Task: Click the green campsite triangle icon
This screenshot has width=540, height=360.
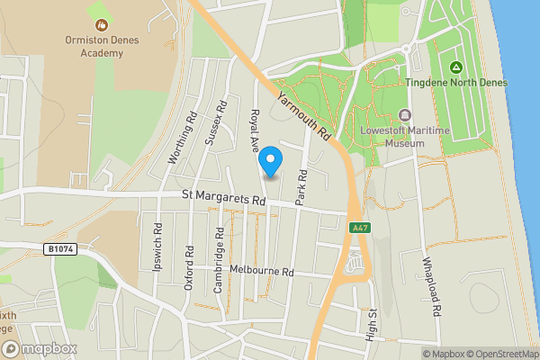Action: (456, 67)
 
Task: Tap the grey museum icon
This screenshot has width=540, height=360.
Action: (404, 115)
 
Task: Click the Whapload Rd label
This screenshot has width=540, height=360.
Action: (436, 287)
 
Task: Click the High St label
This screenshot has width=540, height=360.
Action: (372, 324)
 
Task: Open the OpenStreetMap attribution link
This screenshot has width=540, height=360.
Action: (498, 354)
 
